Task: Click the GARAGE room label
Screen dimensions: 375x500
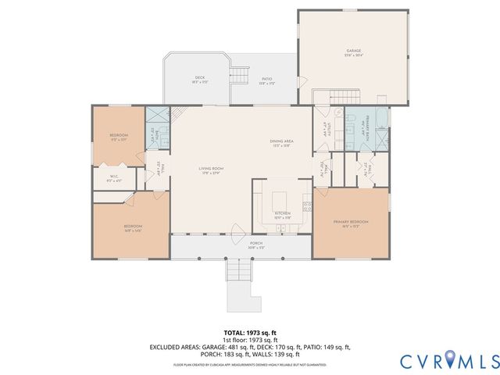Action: [x=354, y=51]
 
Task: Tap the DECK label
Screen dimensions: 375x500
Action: [x=199, y=77]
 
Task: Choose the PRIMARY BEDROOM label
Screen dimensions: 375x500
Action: [x=351, y=222]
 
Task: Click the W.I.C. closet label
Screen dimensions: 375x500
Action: [x=113, y=176]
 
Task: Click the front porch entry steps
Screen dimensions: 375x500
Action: [x=238, y=271]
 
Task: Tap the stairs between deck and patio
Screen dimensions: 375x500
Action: [x=237, y=75]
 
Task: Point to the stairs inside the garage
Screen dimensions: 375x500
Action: [x=335, y=96]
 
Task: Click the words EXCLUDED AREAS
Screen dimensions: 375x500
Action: [x=172, y=347]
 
